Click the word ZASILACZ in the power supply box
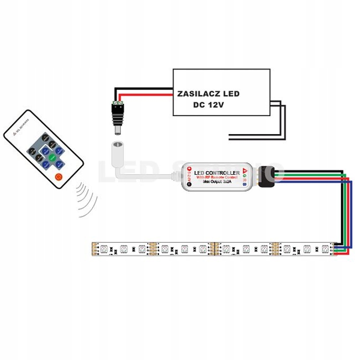(x=196, y=94)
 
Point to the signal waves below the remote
(x=86, y=201)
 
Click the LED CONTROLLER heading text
(x=217, y=173)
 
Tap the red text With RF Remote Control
(x=217, y=178)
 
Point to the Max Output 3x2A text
(x=217, y=183)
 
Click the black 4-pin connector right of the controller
(x=266, y=174)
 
